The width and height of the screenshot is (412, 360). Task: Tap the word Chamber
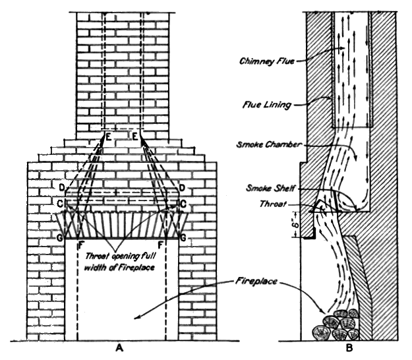point(285,144)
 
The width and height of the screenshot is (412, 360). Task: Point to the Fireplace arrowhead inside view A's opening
point(134,319)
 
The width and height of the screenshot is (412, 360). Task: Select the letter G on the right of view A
point(183,235)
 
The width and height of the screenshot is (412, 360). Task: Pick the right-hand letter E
point(134,136)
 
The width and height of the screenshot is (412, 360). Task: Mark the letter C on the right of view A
point(183,204)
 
